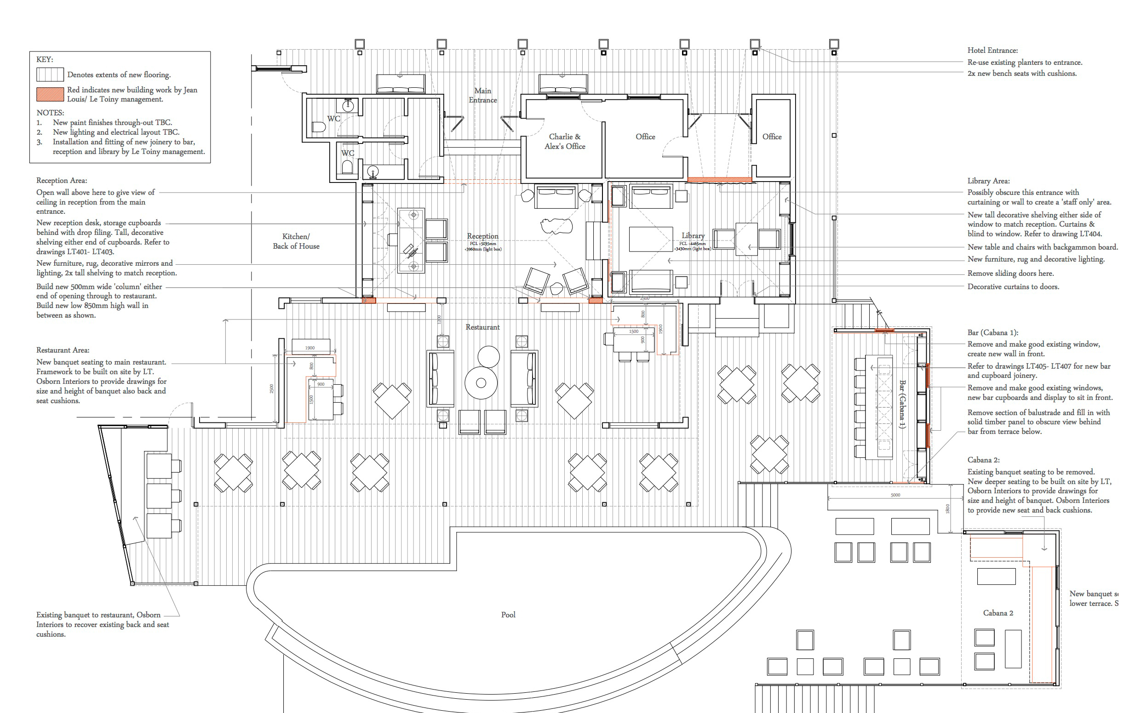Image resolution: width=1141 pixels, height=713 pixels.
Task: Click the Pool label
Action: pyautogui.click(x=508, y=615)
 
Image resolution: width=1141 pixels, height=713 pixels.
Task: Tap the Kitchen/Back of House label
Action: pyautogui.click(x=296, y=241)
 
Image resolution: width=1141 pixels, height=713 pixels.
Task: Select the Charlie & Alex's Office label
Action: pyautogui.click(x=565, y=142)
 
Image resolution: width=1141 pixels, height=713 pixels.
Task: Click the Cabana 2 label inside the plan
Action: pyautogui.click(x=998, y=613)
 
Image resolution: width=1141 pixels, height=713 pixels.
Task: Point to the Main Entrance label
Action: pyautogui.click(x=482, y=95)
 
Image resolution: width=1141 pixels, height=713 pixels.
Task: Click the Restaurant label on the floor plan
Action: pyautogui.click(x=482, y=327)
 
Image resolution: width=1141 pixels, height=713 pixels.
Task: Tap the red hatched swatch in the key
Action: pyautogui.click(x=50, y=94)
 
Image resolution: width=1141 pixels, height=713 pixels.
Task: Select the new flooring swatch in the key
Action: pyautogui.click(x=50, y=74)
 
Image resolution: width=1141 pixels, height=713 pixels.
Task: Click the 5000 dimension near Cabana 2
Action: pyautogui.click(x=895, y=495)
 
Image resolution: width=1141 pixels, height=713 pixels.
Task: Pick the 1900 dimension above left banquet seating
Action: pyautogui.click(x=310, y=348)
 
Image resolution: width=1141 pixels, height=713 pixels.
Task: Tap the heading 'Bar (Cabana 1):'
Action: pyautogui.click(x=992, y=332)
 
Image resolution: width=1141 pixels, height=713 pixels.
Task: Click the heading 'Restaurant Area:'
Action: pyautogui.click(x=63, y=350)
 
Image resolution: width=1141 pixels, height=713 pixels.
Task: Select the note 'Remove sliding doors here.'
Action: pyautogui.click(x=1010, y=274)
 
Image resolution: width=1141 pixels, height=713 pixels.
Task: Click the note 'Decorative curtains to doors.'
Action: pyautogui.click(x=1013, y=287)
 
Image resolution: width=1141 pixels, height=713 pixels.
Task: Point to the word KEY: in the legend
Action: pyautogui.click(x=45, y=59)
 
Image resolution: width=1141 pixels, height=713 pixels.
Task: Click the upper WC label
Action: pyautogui.click(x=333, y=119)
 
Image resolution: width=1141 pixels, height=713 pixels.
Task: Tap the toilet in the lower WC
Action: pyautogui.click(x=347, y=167)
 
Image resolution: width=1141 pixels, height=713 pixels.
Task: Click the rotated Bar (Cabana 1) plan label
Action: pyautogui.click(x=902, y=404)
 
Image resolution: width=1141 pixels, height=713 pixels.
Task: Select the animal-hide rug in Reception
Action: pyautogui.click(x=556, y=225)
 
